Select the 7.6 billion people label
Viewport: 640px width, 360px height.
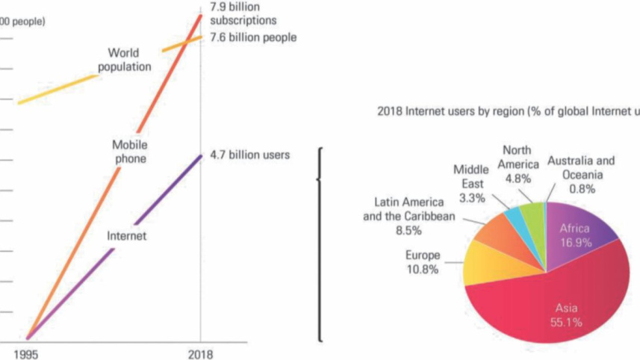point(253,37)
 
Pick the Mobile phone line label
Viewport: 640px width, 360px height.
point(129,151)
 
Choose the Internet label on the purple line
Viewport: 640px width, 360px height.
point(126,237)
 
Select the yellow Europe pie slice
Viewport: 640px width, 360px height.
point(485,265)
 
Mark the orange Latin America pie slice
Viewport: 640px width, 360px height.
point(497,235)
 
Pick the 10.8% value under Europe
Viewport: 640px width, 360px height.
point(422,270)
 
